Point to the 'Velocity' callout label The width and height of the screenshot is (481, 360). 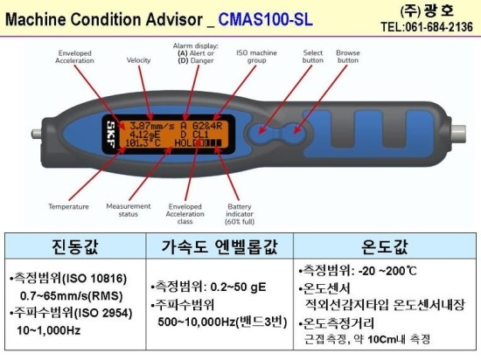(139, 62)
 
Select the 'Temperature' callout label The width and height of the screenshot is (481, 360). (68, 207)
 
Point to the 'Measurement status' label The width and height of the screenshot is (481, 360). (129, 211)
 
